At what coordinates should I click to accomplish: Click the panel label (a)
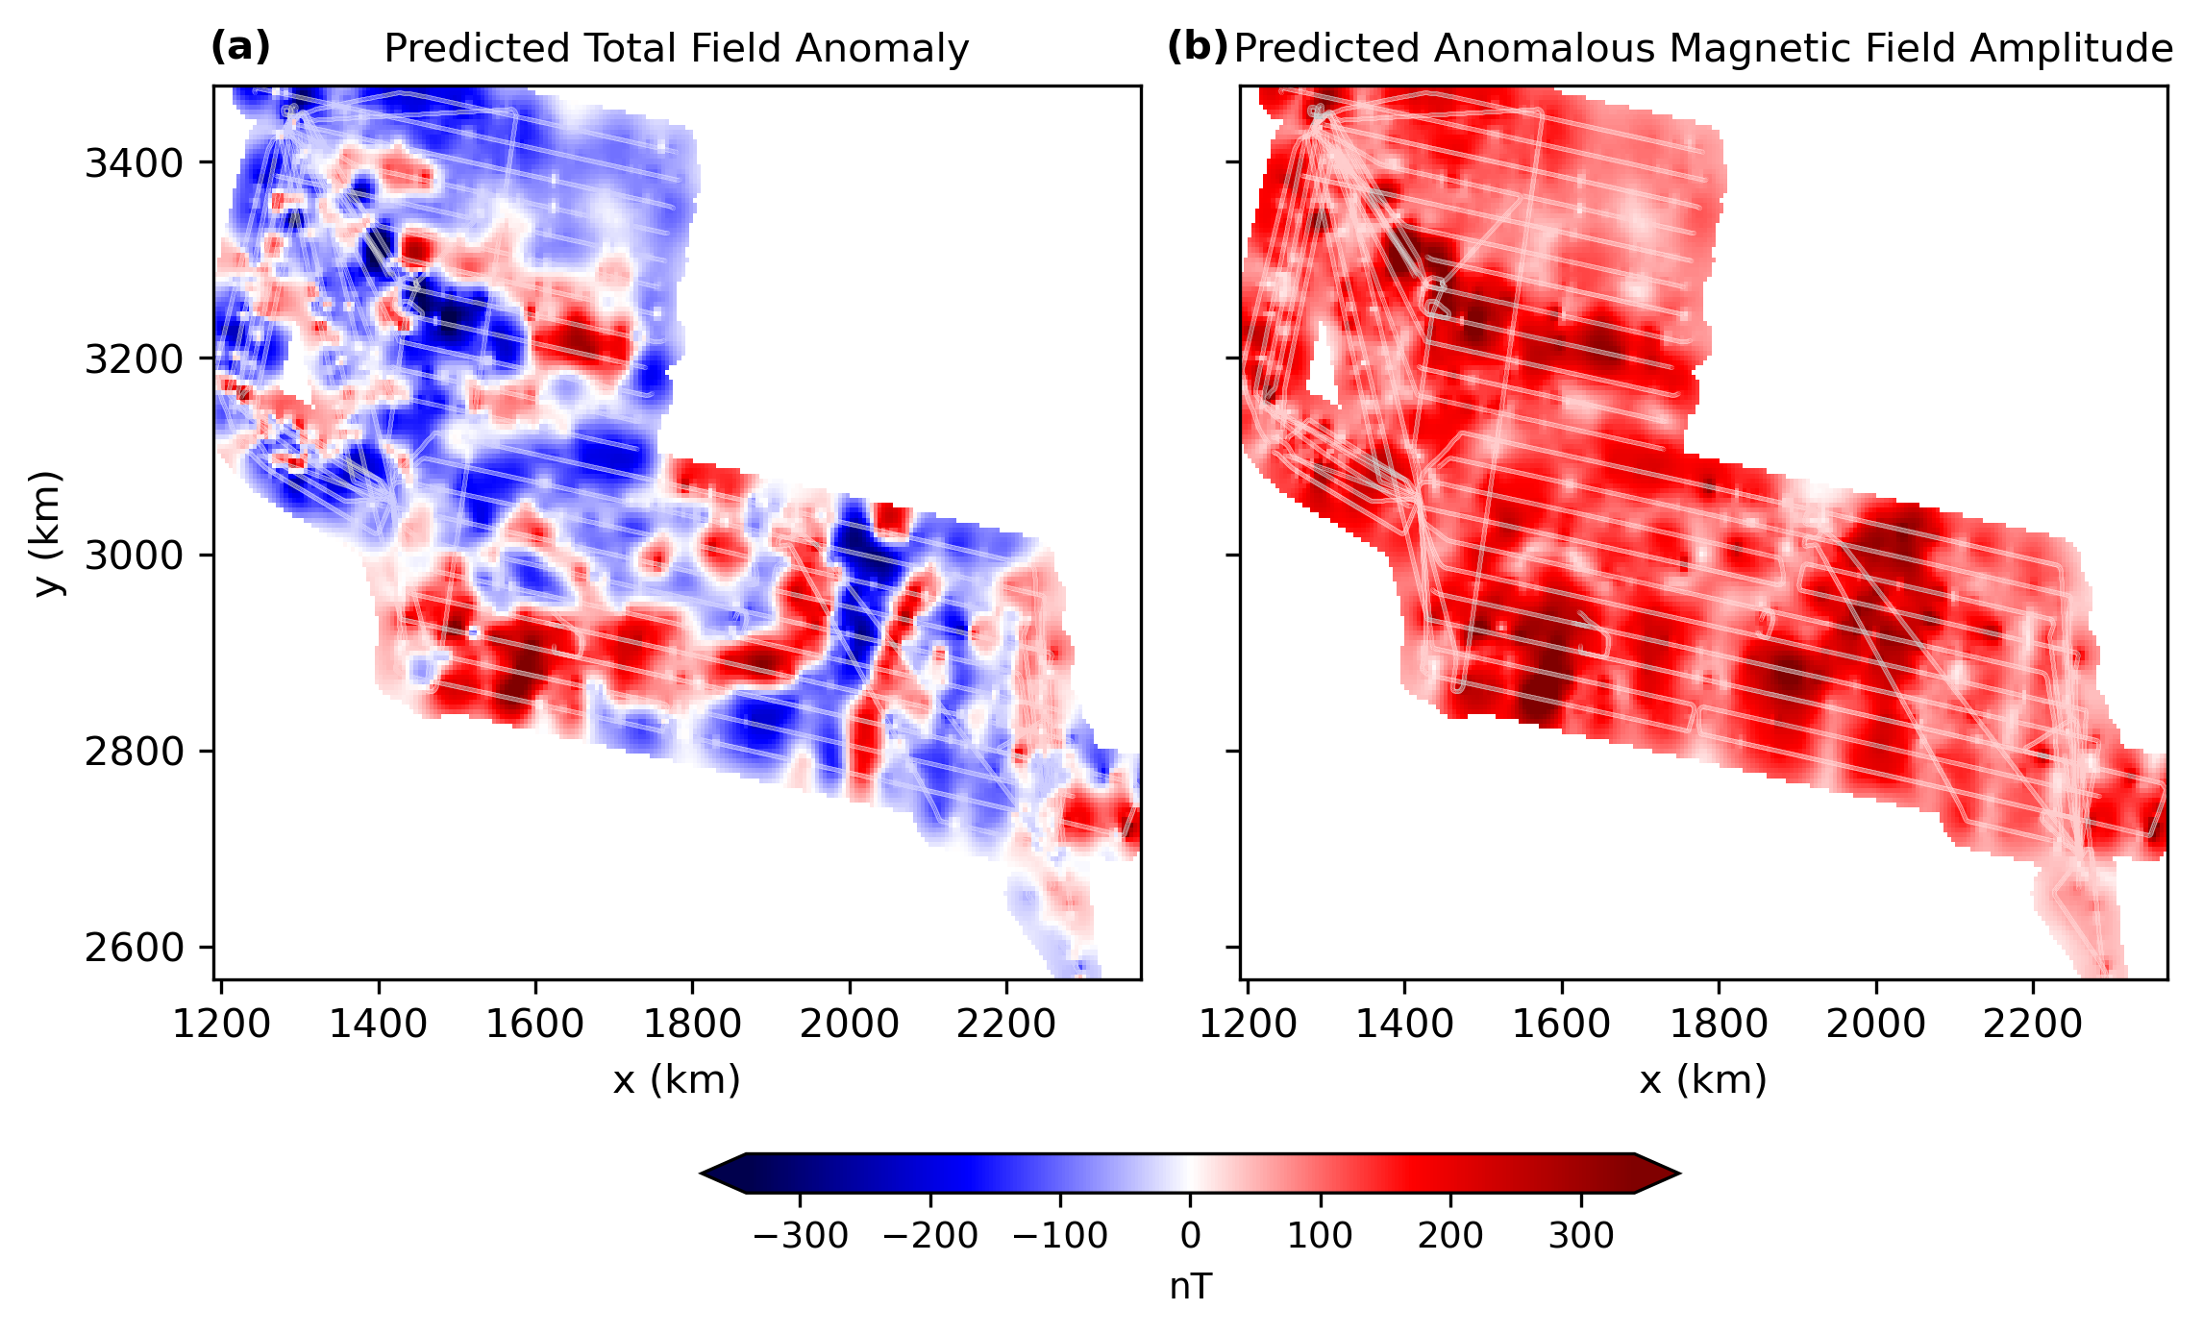pyautogui.click(x=240, y=46)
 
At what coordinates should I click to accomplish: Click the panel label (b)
pyautogui.click(x=1197, y=46)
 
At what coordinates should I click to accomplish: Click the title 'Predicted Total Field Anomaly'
pyautogui.click(x=677, y=48)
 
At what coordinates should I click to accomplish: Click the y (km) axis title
pyautogui.click(x=46, y=533)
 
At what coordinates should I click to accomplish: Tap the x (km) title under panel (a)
pyautogui.click(x=677, y=1080)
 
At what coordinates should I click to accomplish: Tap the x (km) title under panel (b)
pyautogui.click(x=1703, y=1080)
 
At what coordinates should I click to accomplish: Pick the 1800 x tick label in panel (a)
pyautogui.click(x=692, y=1025)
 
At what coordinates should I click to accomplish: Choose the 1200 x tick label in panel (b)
pyautogui.click(x=1248, y=1025)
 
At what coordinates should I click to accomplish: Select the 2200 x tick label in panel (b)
pyautogui.click(x=2033, y=1025)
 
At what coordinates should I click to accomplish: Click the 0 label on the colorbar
pyautogui.click(x=1190, y=1235)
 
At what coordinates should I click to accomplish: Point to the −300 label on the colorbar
pyautogui.click(x=800, y=1235)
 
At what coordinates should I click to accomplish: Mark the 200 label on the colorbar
pyautogui.click(x=1450, y=1235)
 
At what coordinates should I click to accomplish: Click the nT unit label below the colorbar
pyautogui.click(x=1190, y=1287)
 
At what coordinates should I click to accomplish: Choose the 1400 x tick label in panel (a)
pyautogui.click(x=378, y=1025)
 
